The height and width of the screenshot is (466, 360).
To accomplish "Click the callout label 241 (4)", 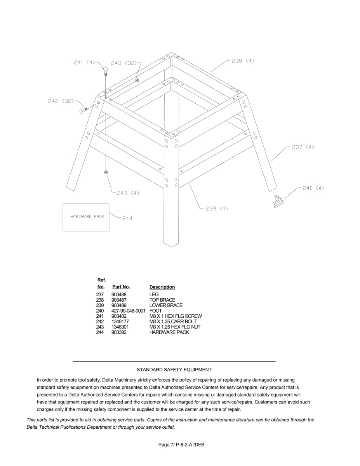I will tap(84, 63).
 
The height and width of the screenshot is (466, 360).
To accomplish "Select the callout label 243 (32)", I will tap(123, 63).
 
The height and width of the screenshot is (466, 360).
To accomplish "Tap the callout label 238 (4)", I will tap(243, 61).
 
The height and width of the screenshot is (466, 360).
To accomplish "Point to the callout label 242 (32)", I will tap(61, 101).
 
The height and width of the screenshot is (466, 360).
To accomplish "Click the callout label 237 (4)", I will tap(303, 147).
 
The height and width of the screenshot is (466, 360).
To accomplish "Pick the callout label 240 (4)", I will tap(313, 188).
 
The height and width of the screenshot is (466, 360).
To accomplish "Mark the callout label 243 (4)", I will tap(128, 193).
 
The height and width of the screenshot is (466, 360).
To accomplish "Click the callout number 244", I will tap(127, 219).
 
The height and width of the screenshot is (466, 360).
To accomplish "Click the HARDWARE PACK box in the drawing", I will tap(86, 217).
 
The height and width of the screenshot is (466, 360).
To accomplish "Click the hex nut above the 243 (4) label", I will tap(106, 172).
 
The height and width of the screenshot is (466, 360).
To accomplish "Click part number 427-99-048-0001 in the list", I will tap(128, 311).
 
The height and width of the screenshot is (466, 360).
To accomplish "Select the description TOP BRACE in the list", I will tap(162, 300).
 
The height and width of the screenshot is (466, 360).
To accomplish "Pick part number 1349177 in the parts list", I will tap(120, 322).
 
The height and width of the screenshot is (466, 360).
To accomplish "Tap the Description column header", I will tap(162, 287).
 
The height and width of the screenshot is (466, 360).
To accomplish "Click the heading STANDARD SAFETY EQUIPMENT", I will tap(174, 370).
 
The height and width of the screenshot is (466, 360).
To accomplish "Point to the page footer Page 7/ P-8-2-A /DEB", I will tap(181, 445).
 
